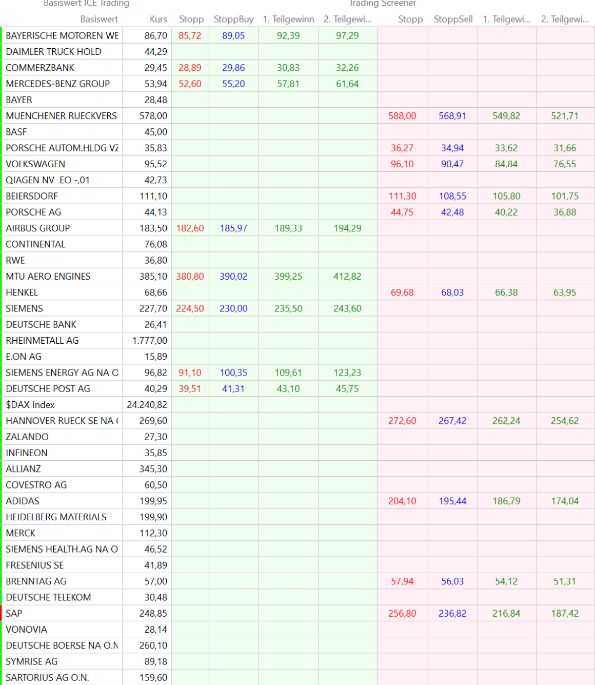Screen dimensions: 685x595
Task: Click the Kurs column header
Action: [x=158, y=19]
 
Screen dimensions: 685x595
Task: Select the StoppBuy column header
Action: [x=233, y=19]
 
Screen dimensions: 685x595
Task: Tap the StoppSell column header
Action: [x=453, y=19]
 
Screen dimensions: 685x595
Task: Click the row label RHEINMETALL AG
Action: [x=42, y=341]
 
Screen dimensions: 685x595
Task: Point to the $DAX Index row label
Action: [x=30, y=405]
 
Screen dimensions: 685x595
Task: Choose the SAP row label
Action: [x=14, y=614]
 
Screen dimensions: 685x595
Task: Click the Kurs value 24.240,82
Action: [x=147, y=405]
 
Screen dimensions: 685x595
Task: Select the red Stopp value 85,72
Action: [x=190, y=36]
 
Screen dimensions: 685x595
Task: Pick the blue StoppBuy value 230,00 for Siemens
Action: [x=233, y=309]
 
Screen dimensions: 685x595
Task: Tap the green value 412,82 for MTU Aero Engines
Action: [x=347, y=277]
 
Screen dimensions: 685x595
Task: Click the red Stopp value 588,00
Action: [x=402, y=116]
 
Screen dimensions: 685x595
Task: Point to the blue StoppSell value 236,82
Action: [x=452, y=614]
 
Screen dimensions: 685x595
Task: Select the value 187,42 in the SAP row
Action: [x=565, y=614]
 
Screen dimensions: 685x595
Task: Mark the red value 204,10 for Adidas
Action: [x=402, y=501]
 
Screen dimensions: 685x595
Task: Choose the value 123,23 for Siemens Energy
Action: [x=347, y=373]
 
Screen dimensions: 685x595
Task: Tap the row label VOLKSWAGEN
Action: [x=35, y=164]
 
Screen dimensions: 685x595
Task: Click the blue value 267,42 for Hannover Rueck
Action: [x=452, y=421]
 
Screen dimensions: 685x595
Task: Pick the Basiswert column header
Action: [x=99, y=19]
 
